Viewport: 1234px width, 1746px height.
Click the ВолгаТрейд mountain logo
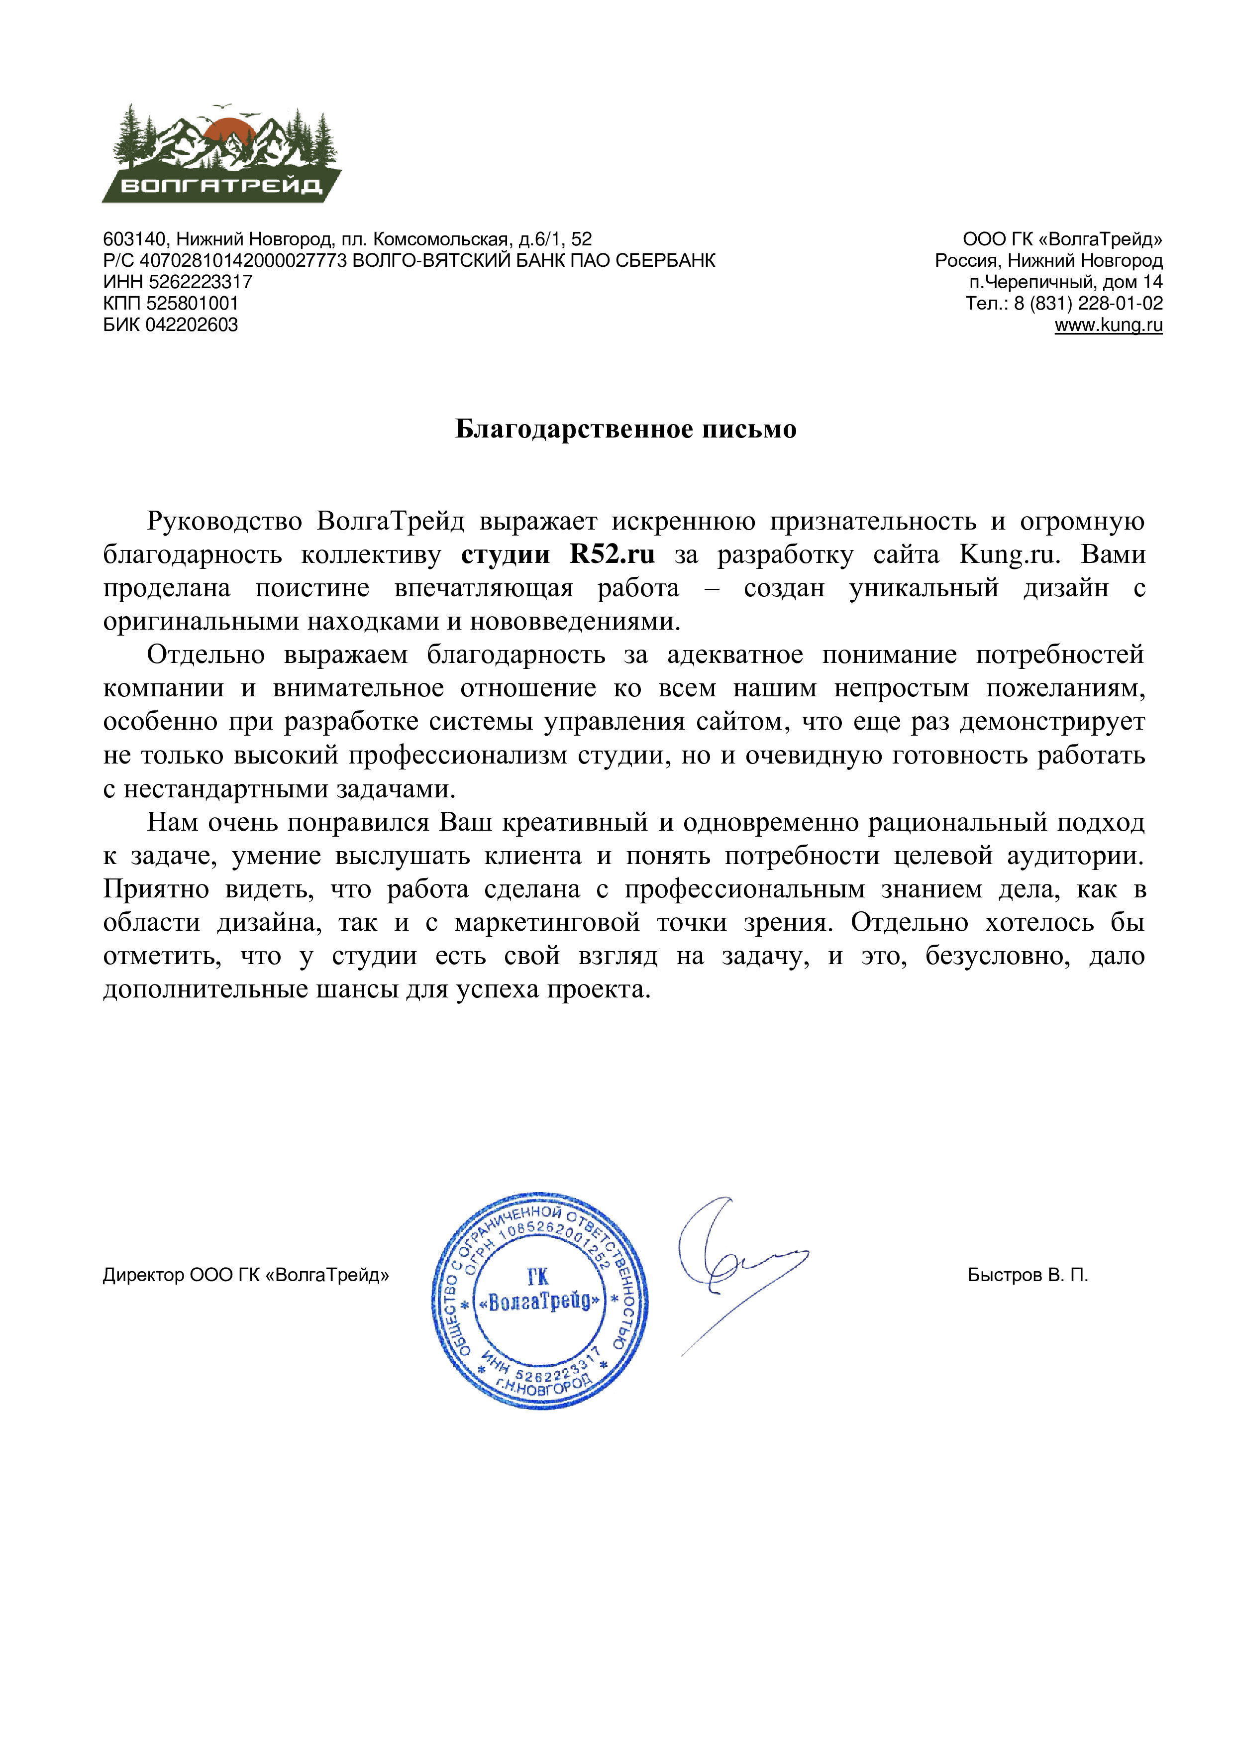click(x=221, y=154)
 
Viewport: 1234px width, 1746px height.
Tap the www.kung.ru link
click(x=1108, y=326)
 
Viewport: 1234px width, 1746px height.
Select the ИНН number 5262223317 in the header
click(x=200, y=282)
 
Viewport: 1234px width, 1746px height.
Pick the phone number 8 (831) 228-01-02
click(x=1088, y=304)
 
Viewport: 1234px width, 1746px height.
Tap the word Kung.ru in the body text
click(x=1008, y=555)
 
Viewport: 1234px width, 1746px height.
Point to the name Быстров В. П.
click(x=1027, y=1275)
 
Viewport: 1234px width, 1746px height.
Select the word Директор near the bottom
click(x=143, y=1275)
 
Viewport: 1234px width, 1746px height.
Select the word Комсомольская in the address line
click(x=439, y=239)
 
